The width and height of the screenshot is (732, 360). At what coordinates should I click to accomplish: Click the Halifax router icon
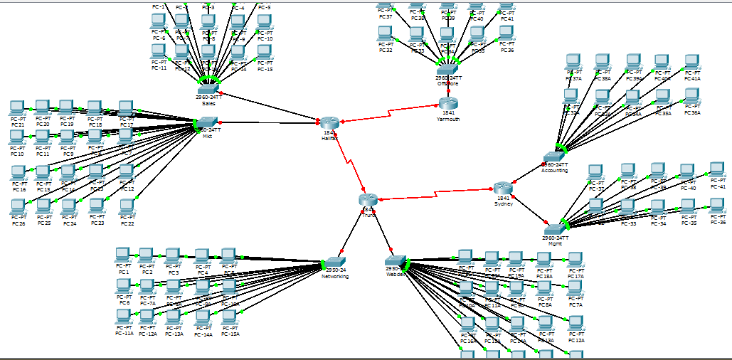329,123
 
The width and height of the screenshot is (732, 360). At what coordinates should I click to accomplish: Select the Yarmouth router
448,104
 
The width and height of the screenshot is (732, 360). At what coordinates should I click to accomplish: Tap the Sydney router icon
503,189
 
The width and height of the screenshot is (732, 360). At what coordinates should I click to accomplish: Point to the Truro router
368,200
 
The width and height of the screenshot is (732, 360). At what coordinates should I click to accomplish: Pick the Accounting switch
554,157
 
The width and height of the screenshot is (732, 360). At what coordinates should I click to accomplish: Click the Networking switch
334,263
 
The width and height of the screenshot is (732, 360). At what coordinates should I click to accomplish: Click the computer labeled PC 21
18,108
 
